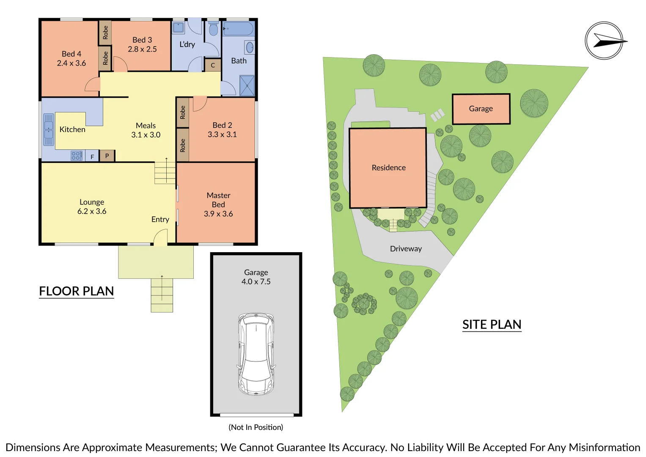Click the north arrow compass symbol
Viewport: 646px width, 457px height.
click(604, 41)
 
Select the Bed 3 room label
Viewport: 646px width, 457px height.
click(142, 40)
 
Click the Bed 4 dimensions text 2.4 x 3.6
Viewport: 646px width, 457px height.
click(71, 63)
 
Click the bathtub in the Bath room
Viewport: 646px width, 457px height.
click(238, 29)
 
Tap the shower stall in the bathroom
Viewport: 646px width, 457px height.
click(247, 85)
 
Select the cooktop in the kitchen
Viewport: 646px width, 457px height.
click(77, 156)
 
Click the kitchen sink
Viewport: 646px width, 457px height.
click(49, 129)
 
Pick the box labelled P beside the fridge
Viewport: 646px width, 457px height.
click(107, 156)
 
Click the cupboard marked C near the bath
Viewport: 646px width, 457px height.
click(213, 65)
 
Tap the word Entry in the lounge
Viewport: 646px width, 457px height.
click(160, 220)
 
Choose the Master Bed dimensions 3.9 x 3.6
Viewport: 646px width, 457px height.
click(218, 214)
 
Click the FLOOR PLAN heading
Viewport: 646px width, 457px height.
click(77, 291)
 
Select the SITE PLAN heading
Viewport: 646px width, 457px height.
click(492, 325)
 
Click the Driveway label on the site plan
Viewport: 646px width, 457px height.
click(406, 249)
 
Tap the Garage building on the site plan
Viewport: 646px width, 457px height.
click(481, 109)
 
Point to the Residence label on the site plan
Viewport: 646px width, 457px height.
click(388, 168)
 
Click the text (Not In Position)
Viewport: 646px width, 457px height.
click(256, 427)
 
